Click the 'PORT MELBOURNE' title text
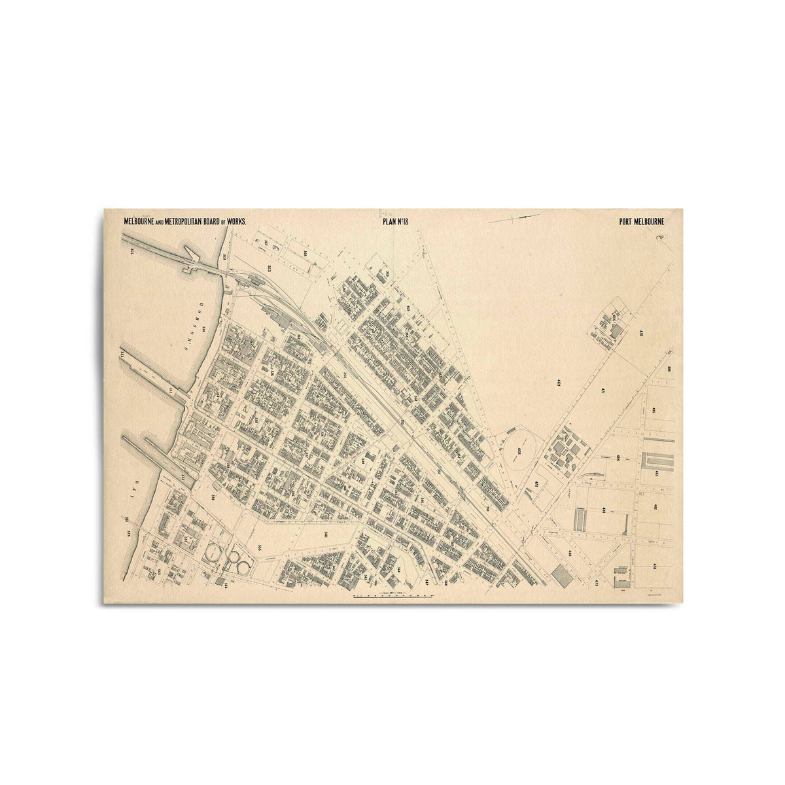pyautogui.click(x=641, y=221)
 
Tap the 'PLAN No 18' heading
pyautogui.click(x=395, y=221)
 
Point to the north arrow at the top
pyautogui.click(x=514, y=218)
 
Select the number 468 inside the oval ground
pyautogui.click(x=519, y=451)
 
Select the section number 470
pyautogui.click(x=642, y=334)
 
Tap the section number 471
pyautogui.click(x=602, y=392)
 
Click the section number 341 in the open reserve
pyautogui.click(x=325, y=534)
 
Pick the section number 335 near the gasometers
pyautogui.click(x=260, y=547)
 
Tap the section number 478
pyautogui.click(x=654, y=567)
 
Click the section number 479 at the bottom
pyautogui.click(x=597, y=582)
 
